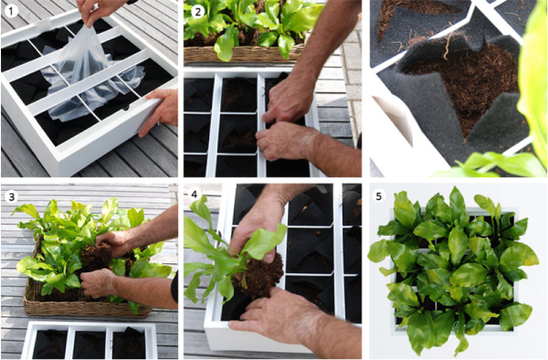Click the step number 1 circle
11,11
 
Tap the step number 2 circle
197,11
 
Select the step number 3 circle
11,196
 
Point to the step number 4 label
195,194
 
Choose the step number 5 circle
378,196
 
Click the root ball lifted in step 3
97,256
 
